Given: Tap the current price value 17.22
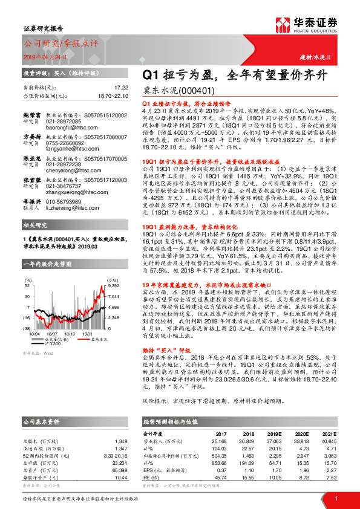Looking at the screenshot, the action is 121,88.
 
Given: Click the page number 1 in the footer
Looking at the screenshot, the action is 335,498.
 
